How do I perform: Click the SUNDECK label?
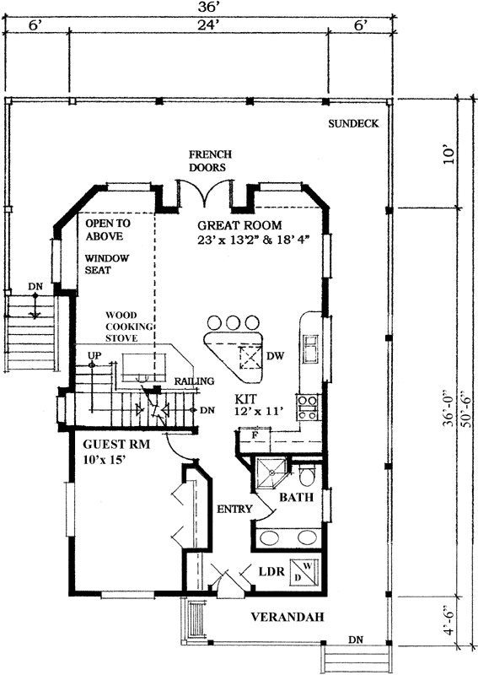click(x=354, y=123)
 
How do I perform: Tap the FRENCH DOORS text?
click(x=207, y=161)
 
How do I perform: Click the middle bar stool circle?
click(x=232, y=323)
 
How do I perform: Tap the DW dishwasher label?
click(x=274, y=356)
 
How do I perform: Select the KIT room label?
click(x=245, y=397)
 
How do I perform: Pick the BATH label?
click(x=297, y=498)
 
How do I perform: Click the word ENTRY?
click(x=231, y=510)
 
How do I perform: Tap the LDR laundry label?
click(x=269, y=571)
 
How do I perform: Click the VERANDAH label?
click(x=287, y=618)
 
